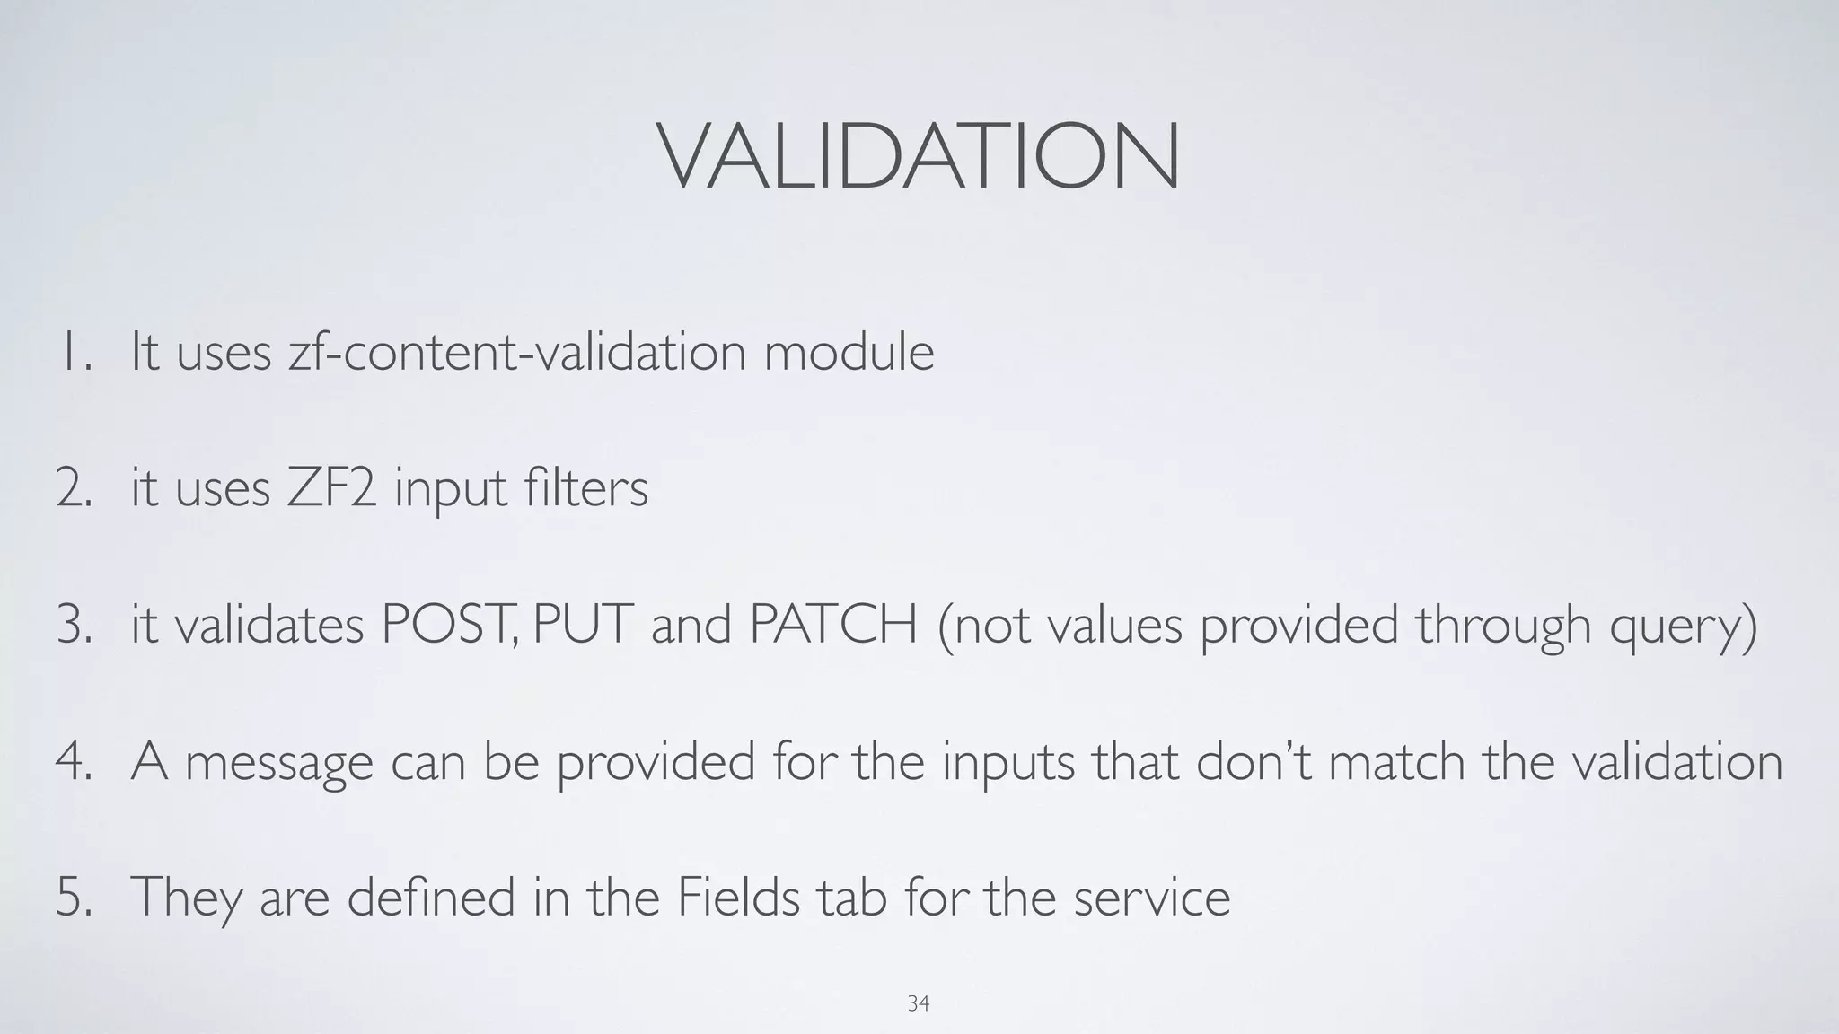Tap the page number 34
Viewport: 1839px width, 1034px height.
click(918, 1003)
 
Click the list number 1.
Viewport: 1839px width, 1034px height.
click(75, 352)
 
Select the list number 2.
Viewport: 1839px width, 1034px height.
click(74, 489)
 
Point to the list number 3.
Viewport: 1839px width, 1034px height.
click(74, 625)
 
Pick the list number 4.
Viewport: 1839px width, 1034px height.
click(74, 761)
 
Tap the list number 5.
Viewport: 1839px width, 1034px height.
click(74, 897)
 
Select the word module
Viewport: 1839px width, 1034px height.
click(849, 352)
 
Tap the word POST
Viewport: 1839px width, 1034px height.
click(446, 625)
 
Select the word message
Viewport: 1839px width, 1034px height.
click(278, 763)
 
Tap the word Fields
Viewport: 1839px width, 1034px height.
click(737, 897)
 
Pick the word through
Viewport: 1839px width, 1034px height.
click(1504, 627)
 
